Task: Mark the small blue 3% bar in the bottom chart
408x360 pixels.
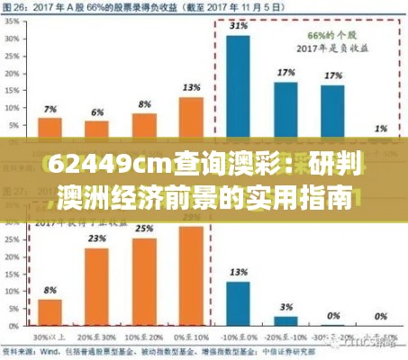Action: (x=285, y=319)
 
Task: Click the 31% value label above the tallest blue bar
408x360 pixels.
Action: (x=238, y=27)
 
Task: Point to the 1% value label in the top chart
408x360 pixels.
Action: (x=381, y=127)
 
